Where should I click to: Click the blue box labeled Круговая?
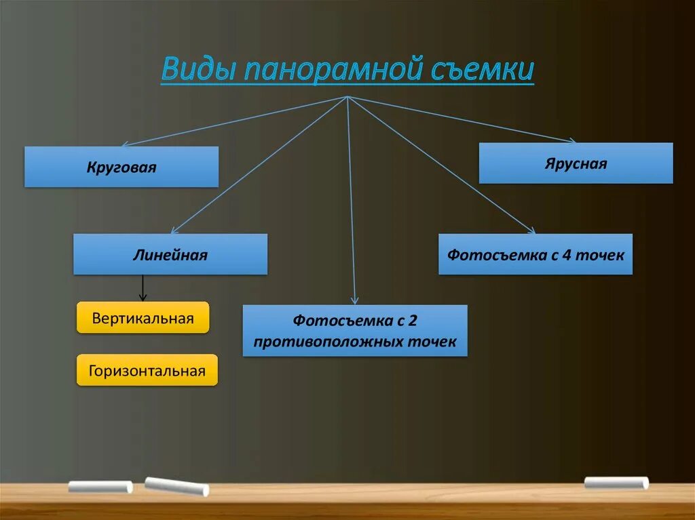(121, 167)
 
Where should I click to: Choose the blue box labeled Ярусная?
(576, 163)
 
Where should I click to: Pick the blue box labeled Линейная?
(170, 254)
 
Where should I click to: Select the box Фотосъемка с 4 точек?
(535, 254)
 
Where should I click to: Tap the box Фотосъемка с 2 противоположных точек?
(355, 330)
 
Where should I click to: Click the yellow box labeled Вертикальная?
(143, 317)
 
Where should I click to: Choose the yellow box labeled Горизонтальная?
(147, 370)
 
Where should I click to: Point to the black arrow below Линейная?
(143, 287)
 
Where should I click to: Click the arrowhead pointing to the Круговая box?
(126, 144)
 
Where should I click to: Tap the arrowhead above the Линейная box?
(174, 231)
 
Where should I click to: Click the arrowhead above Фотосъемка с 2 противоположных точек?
(354, 300)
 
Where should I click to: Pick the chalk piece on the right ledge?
(616, 483)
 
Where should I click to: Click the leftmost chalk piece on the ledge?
(100, 487)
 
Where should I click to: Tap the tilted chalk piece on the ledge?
(176, 485)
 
